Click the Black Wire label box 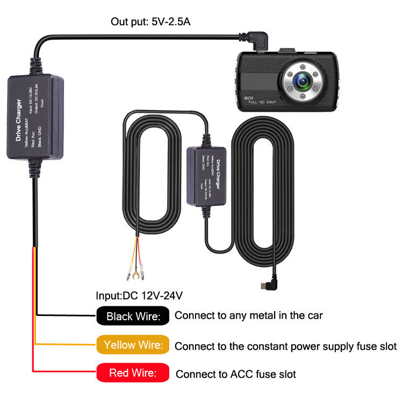coord(133,316)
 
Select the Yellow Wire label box coord(133,344)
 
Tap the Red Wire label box coord(133,373)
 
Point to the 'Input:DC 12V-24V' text coord(139,296)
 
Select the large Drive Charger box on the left coord(35,117)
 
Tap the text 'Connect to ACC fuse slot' coord(236,373)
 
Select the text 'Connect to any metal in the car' coord(249,315)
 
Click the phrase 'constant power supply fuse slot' coord(317,346)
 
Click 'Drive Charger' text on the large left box coord(19,120)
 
